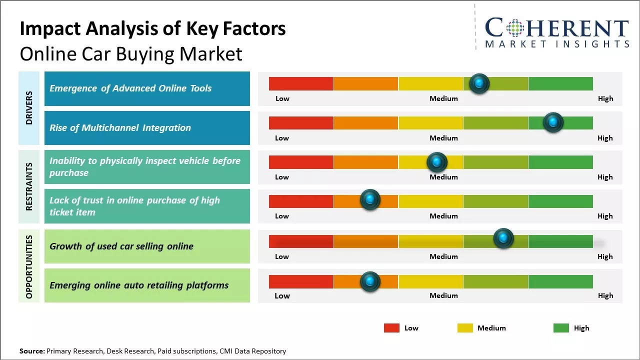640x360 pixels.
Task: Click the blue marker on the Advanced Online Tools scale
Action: (x=479, y=83)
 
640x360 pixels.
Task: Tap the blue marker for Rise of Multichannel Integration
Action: (x=553, y=122)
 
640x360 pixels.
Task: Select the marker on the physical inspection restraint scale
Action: (x=437, y=162)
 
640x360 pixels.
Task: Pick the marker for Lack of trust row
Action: (x=370, y=200)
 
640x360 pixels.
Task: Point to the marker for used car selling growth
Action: (x=503, y=238)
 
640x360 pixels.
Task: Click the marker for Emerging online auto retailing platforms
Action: (x=370, y=281)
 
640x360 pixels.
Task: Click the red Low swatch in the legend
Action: (x=391, y=328)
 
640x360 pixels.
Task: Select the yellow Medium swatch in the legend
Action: (x=465, y=328)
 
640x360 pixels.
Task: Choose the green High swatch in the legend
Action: (x=561, y=328)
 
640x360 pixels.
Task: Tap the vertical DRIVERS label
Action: (x=29, y=107)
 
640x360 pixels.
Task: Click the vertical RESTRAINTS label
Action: (x=29, y=186)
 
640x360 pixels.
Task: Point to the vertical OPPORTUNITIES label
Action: (x=29, y=266)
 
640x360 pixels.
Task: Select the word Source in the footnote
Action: (x=32, y=351)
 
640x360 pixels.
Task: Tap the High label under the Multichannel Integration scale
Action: (x=605, y=138)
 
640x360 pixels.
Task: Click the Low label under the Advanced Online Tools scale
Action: (x=282, y=98)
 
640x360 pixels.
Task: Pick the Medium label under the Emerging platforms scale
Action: (x=443, y=295)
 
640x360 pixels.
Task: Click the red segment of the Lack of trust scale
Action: (x=301, y=201)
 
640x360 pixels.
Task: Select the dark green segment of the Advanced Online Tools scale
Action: (x=560, y=83)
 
